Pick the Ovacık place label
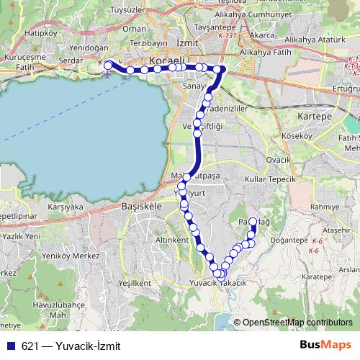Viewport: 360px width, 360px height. coord(278,159)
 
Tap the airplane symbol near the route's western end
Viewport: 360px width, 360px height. coord(107,73)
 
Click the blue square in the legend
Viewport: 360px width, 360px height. coord(11,346)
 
